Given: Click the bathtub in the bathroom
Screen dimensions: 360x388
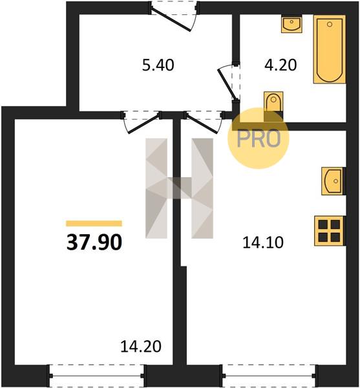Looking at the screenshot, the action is [330, 49].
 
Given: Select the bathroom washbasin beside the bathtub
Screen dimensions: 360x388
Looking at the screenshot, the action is [291, 24].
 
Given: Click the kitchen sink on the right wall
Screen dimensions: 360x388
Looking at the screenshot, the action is [333, 181].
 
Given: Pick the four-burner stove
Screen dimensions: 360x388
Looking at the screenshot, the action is [329, 231].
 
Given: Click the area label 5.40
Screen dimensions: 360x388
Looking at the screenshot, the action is [158, 65].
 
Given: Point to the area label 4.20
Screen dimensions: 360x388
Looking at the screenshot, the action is [281, 65].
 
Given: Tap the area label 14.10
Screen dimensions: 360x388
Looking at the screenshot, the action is [263, 242].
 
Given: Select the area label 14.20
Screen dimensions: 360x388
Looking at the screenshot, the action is [141, 346].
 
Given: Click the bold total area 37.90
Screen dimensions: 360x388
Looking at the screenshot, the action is [94, 242].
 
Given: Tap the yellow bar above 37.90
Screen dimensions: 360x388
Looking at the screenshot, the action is [94, 224].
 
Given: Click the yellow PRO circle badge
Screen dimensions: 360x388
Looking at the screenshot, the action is [259, 138].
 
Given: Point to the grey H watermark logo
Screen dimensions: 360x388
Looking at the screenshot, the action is [179, 188].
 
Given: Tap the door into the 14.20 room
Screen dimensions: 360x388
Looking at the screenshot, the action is [142, 122].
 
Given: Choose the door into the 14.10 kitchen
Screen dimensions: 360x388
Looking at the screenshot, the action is [204, 122].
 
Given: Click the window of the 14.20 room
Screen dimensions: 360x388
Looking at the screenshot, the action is [96, 376].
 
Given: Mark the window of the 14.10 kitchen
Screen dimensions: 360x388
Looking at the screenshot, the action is [269, 376].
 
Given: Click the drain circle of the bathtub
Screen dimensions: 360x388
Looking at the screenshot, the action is [330, 25].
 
